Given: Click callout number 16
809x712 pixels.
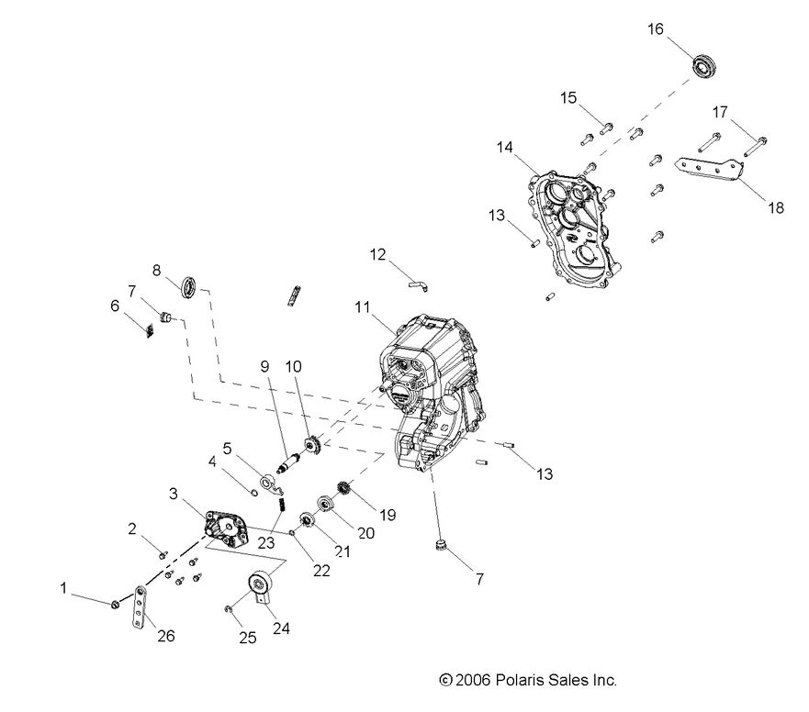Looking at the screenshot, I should [x=656, y=29].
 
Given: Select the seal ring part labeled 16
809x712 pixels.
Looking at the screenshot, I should [x=705, y=68].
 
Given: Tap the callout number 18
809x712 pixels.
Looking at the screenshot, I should [x=776, y=208].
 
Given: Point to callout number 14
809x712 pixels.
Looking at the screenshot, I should [x=505, y=147].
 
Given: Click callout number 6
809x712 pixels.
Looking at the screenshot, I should [x=116, y=306].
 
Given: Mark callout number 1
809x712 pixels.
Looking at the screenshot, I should [x=64, y=586].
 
